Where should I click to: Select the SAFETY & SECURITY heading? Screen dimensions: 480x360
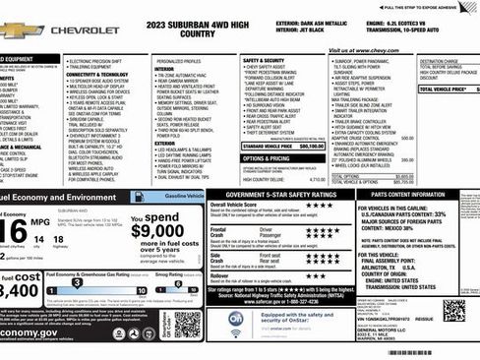pyautogui.click(x=263, y=60)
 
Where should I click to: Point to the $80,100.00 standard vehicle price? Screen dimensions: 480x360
pyautogui.click(x=311, y=145)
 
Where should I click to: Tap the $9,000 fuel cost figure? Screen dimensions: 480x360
pyautogui.click(x=156, y=231)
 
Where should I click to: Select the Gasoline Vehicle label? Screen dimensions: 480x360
pyautogui.click(x=185, y=197)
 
